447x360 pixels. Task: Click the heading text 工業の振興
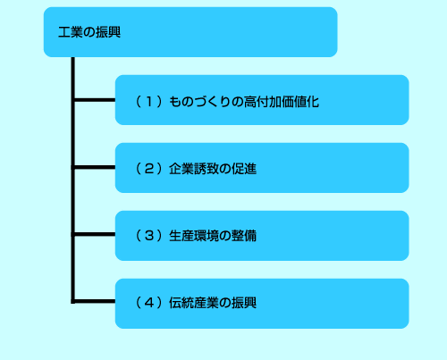[x=89, y=32]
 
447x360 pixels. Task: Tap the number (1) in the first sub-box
[x=149, y=102]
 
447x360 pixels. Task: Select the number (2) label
[x=149, y=169]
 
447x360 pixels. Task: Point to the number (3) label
[x=149, y=236]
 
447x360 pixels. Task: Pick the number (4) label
[x=149, y=303]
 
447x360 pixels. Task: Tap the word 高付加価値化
[x=282, y=102]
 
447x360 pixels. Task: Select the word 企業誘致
[x=194, y=169]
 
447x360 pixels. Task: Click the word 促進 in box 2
[x=244, y=169]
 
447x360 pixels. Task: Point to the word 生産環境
[x=194, y=236]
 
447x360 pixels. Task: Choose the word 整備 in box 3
[x=244, y=236]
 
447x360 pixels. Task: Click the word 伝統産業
[x=194, y=303]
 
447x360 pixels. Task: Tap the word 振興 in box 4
[x=244, y=303]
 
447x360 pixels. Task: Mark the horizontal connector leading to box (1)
[x=95, y=100]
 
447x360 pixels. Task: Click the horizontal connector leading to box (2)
[x=95, y=167]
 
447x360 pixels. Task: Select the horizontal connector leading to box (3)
[x=95, y=234]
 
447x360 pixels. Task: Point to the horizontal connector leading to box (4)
[x=95, y=301]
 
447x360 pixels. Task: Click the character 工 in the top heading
[x=64, y=32]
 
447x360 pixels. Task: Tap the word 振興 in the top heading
[x=108, y=32]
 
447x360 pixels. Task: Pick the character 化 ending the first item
[x=313, y=102]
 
